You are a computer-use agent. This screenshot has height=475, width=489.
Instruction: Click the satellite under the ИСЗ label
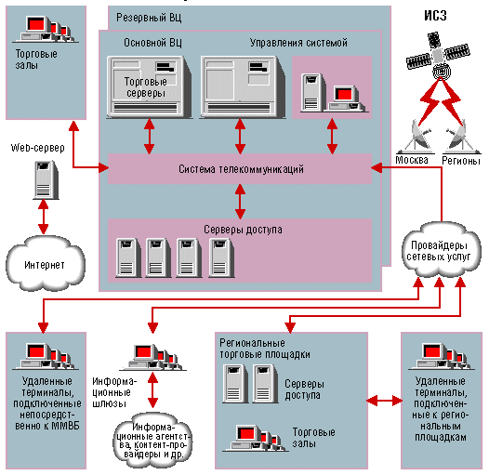(x=438, y=56)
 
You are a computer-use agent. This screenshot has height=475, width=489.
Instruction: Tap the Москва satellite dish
(x=416, y=137)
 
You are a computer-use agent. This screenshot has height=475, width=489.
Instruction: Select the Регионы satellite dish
(x=461, y=137)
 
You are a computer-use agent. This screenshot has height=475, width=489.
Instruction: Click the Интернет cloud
(x=45, y=264)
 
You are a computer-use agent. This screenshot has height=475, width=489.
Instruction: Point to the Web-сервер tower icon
(x=46, y=180)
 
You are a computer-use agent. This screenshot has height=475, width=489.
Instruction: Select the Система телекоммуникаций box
(x=240, y=169)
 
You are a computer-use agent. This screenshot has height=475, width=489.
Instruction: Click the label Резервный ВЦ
(x=149, y=18)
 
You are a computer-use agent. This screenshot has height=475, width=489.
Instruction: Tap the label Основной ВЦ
(x=152, y=43)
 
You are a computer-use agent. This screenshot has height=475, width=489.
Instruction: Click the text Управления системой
(x=298, y=43)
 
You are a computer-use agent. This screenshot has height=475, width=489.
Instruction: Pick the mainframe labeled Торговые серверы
(x=149, y=87)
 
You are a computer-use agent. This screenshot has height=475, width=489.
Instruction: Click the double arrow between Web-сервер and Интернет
(x=43, y=217)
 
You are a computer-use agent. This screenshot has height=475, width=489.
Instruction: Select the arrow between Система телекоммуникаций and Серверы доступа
(x=240, y=201)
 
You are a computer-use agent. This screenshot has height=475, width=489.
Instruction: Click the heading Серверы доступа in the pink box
(x=243, y=230)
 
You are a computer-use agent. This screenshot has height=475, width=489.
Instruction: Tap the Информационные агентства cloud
(x=152, y=441)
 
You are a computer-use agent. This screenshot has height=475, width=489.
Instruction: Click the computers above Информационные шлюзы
(x=152, y=357)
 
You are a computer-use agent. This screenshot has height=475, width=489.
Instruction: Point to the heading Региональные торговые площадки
(x=265, y=349)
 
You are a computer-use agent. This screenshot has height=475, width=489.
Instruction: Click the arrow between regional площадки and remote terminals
(x=384, y=401)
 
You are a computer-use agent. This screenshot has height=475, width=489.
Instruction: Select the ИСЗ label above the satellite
(x=435, y=15)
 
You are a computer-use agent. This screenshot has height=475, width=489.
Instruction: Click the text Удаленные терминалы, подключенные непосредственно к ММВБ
(x=46, y=403)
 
